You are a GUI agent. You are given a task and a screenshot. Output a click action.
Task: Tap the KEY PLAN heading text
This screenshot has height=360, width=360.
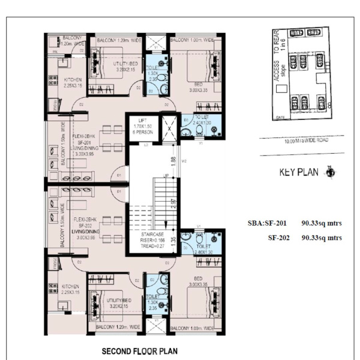pyautogui.click(x=301, y=173)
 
